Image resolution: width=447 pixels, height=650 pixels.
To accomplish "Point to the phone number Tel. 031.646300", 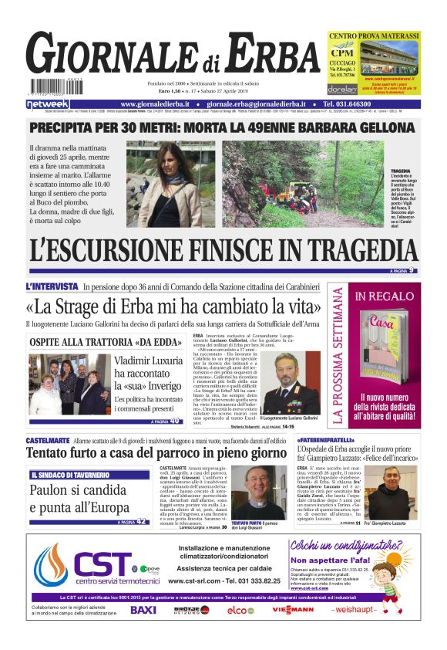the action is (x=355, y=103).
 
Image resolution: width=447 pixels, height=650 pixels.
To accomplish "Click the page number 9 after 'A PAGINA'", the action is (x=412, y=270).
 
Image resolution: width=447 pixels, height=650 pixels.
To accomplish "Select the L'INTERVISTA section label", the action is (x=52, y=286).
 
